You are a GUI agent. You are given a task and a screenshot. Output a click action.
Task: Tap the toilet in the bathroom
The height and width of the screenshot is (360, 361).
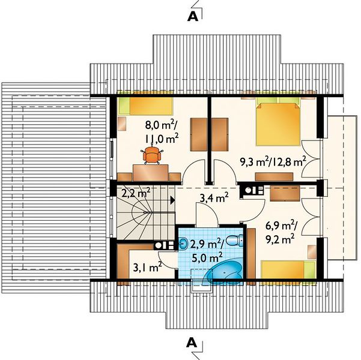[x=235, y=240]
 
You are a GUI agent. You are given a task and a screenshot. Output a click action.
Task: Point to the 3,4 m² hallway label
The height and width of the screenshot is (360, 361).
[x=214, y=197]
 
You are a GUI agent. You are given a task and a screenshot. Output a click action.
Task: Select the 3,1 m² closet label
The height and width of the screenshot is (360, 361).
[x=148, y=267]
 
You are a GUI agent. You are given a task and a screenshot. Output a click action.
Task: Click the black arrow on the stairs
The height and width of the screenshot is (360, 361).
[x=172, y=200]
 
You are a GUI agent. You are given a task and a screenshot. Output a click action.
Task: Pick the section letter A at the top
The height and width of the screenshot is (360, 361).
[x=193, y=16]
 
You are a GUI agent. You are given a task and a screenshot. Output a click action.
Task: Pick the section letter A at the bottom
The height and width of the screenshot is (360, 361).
[x=192, y=342]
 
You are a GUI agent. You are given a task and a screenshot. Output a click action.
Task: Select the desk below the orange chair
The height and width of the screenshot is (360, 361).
[x=150, y=173]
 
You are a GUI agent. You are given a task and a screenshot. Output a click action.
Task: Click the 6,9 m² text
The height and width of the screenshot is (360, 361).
[x=281, y=227]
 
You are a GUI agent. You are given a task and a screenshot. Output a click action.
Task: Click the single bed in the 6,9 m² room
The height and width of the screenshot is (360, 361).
[x=288, y=269]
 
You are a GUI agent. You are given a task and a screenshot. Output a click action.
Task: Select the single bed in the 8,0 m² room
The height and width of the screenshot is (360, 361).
[x=145, y=106]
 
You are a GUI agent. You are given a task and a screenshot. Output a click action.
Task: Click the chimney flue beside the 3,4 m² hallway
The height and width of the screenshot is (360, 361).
[x=252, y=190]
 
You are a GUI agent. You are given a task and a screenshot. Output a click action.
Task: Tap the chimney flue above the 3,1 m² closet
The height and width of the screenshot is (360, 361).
[x=165, y=245]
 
